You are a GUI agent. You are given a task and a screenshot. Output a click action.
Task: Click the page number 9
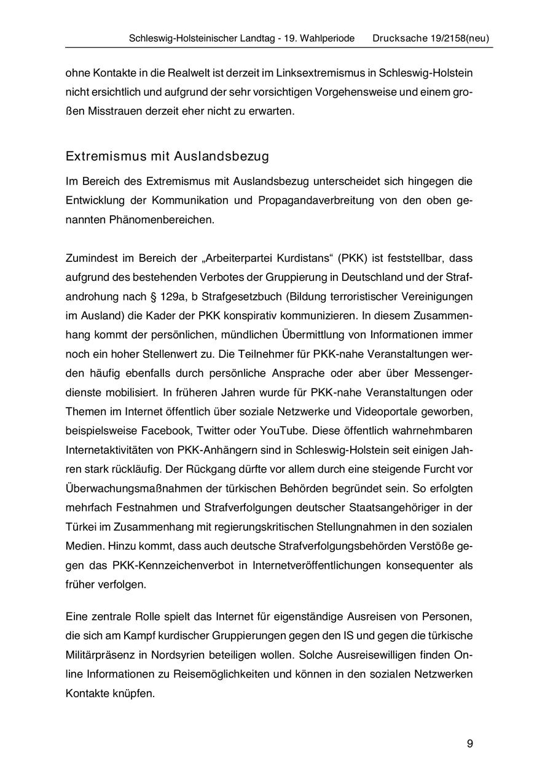(x=470, y=744)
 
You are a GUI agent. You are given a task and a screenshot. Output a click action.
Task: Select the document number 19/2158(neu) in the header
(x=455, y=38)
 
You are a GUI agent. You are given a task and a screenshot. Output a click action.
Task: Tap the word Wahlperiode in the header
(x=326, y=38)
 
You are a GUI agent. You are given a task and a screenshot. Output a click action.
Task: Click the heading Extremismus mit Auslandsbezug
(x=167, y=156)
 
